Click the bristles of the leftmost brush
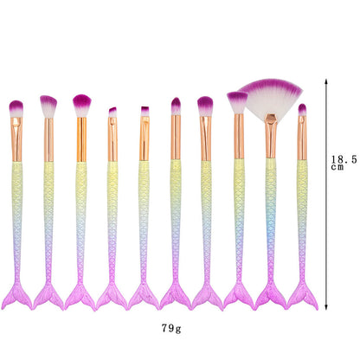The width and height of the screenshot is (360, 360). [x=16, y=107]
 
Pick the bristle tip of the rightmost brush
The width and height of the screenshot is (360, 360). [x=302, y=109]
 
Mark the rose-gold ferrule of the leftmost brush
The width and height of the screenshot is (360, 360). [x=17, y=138]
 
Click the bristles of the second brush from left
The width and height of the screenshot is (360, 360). [x=48, y=106]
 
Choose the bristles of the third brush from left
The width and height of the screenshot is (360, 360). [x=81, y=105]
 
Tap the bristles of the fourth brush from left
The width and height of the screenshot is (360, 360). [x=112, y=112]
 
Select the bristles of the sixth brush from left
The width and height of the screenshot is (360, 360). [x=176, y=106]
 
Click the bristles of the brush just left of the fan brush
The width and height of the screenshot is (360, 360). [x=237, y=101]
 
